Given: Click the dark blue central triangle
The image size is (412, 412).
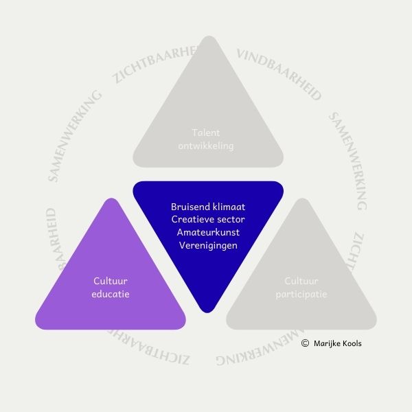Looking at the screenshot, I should (207, 240).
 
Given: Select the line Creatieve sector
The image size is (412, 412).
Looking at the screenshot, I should (207, 219).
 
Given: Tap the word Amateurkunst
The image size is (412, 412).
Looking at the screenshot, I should (207, 232).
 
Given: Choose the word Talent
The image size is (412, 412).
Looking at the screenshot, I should (207, 133).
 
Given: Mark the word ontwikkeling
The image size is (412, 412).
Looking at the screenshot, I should (207, 146).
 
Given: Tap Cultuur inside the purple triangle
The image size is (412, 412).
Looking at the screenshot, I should (111, 281).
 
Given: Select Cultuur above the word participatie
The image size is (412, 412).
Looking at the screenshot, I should (301, 281).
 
